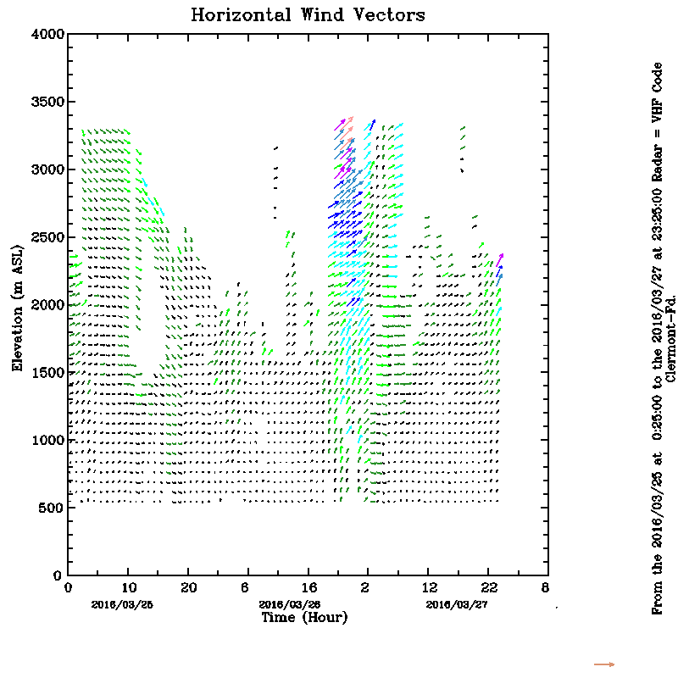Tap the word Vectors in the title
(390, 15)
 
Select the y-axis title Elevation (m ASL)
(17, 304)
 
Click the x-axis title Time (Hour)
(303, 618)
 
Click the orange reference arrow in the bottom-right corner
(604, 664)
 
